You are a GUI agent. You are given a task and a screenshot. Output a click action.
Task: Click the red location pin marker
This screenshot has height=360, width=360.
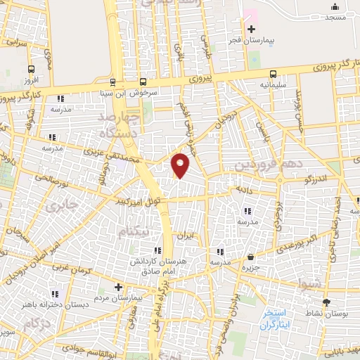point(181,165)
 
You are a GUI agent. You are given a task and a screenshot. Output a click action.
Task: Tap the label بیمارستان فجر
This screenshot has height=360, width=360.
point(253,40)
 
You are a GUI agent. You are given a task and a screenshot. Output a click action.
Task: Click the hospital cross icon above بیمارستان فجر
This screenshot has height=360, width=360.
point(251,28)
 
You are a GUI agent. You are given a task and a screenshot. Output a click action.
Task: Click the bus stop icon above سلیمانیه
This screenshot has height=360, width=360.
point(273,74)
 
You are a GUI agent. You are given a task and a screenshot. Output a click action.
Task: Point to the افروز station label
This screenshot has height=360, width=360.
point(32,80)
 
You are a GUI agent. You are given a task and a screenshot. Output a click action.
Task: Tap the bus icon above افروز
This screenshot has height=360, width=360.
point(32,69)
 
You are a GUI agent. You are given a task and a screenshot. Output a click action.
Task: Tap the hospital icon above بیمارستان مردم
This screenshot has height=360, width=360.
point(118,287)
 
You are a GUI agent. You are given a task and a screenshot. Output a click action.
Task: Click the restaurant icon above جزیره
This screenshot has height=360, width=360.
point(252,257)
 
